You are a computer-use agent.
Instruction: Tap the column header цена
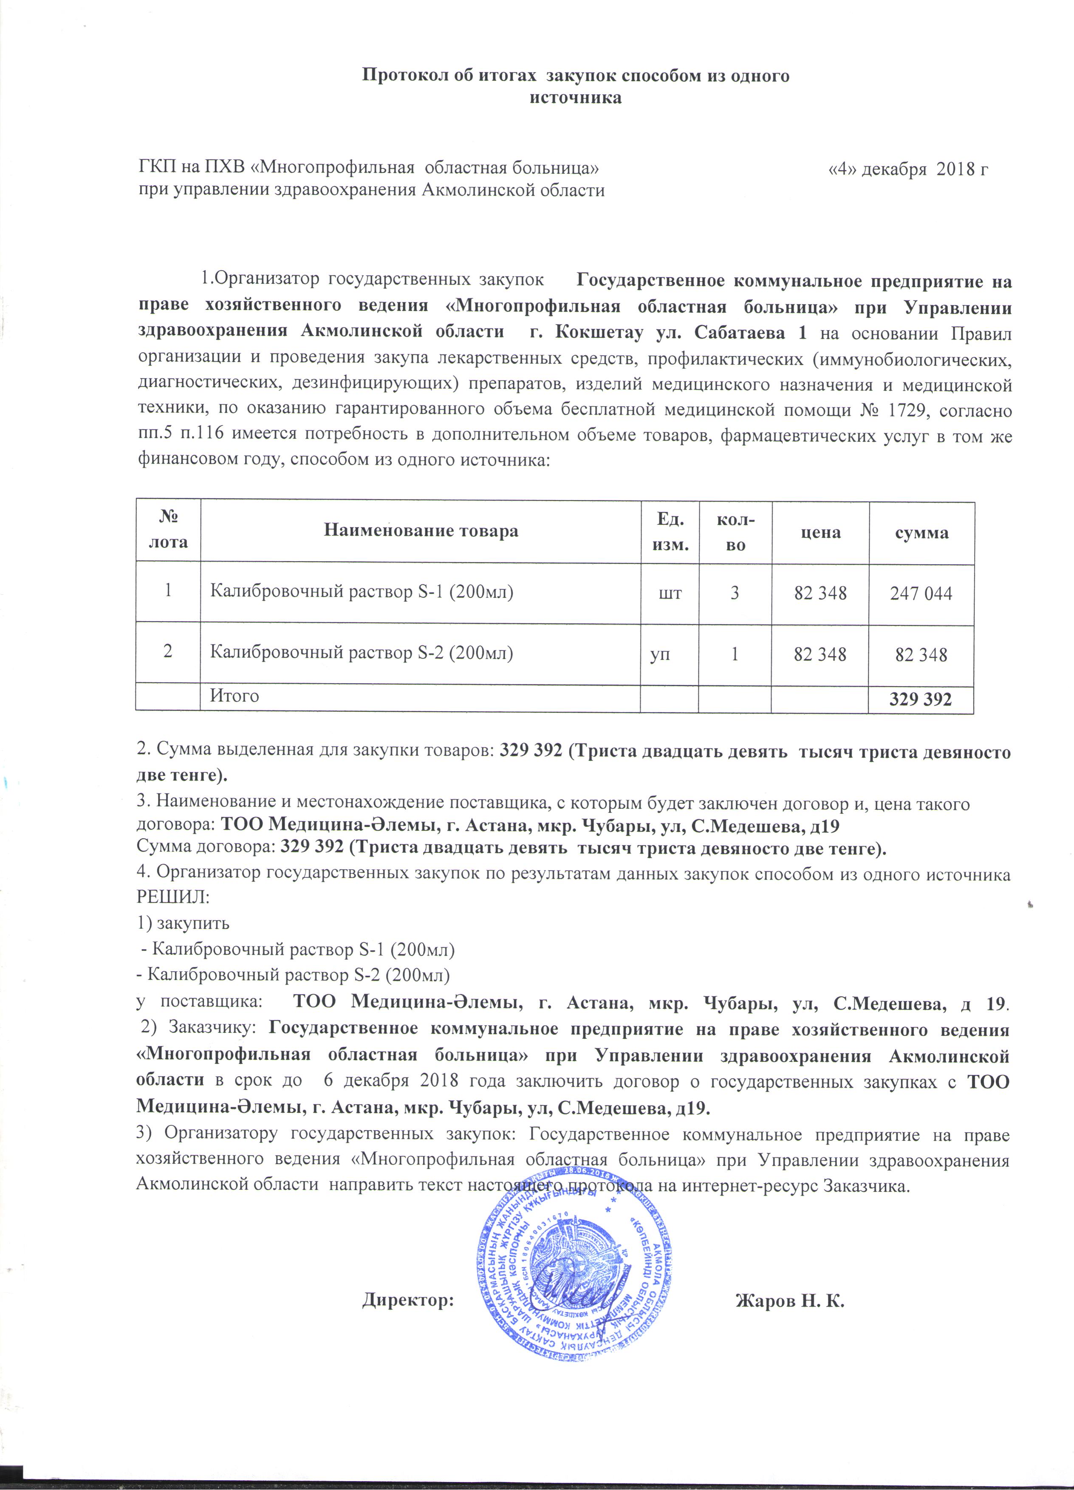820,532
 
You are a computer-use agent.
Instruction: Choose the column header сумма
921,532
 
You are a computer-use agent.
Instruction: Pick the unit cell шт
670,593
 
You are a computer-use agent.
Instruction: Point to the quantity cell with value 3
735,593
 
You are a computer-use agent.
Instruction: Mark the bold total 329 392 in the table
920,699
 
